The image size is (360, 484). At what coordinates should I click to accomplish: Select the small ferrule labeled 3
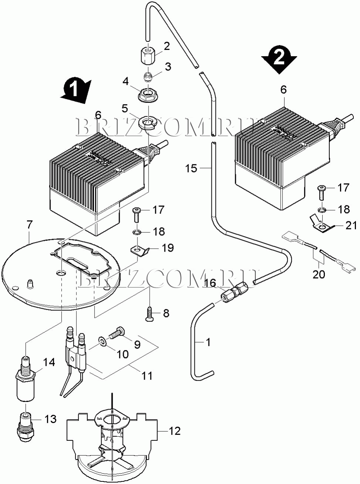click(x=149, y=77)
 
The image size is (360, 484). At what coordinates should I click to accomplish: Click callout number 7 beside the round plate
click(x=29, y=225)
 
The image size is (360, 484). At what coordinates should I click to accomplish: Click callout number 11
click(x=147, y=375)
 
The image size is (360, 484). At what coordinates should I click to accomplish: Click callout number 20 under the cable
click(x=319, y=274)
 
